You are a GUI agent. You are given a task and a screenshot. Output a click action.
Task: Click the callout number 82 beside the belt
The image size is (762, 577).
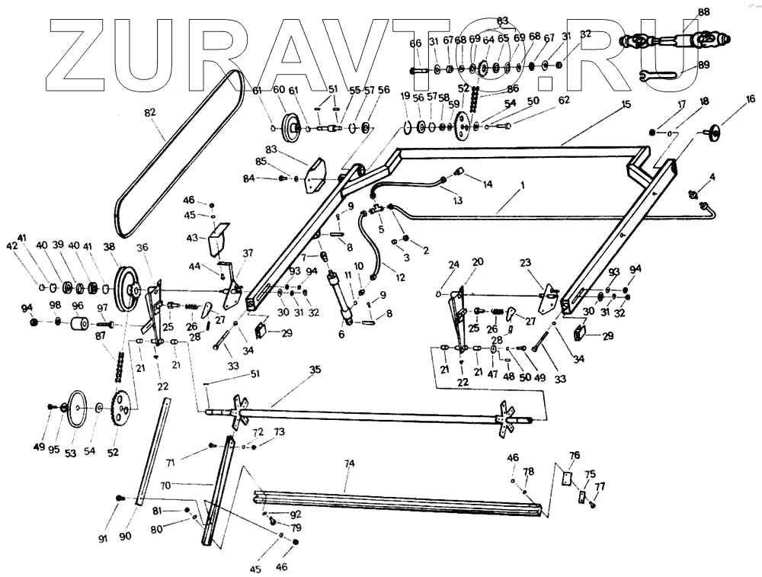coord(149,113)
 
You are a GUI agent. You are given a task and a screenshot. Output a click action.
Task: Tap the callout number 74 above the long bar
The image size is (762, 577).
coord(350,464)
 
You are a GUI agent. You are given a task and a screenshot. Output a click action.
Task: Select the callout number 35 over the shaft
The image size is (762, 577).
coord(315,370)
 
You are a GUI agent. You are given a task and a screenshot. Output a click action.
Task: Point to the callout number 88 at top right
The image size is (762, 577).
coord(703,11)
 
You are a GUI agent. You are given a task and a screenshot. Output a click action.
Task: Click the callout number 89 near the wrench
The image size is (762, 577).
coord(703,65)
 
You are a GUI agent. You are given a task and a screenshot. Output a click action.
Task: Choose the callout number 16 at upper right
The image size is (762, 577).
coord(751,99)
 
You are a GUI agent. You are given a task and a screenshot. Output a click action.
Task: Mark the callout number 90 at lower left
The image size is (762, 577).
coord(125,536)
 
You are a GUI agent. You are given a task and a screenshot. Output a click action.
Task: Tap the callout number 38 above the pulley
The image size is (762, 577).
coord(110,246)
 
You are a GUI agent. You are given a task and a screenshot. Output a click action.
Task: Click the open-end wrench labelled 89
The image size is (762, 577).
coord(659,75)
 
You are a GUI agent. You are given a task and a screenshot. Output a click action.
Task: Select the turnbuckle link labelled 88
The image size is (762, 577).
coord(674,38)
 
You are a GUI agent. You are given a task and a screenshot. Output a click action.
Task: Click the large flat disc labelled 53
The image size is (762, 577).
coord(76,409)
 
